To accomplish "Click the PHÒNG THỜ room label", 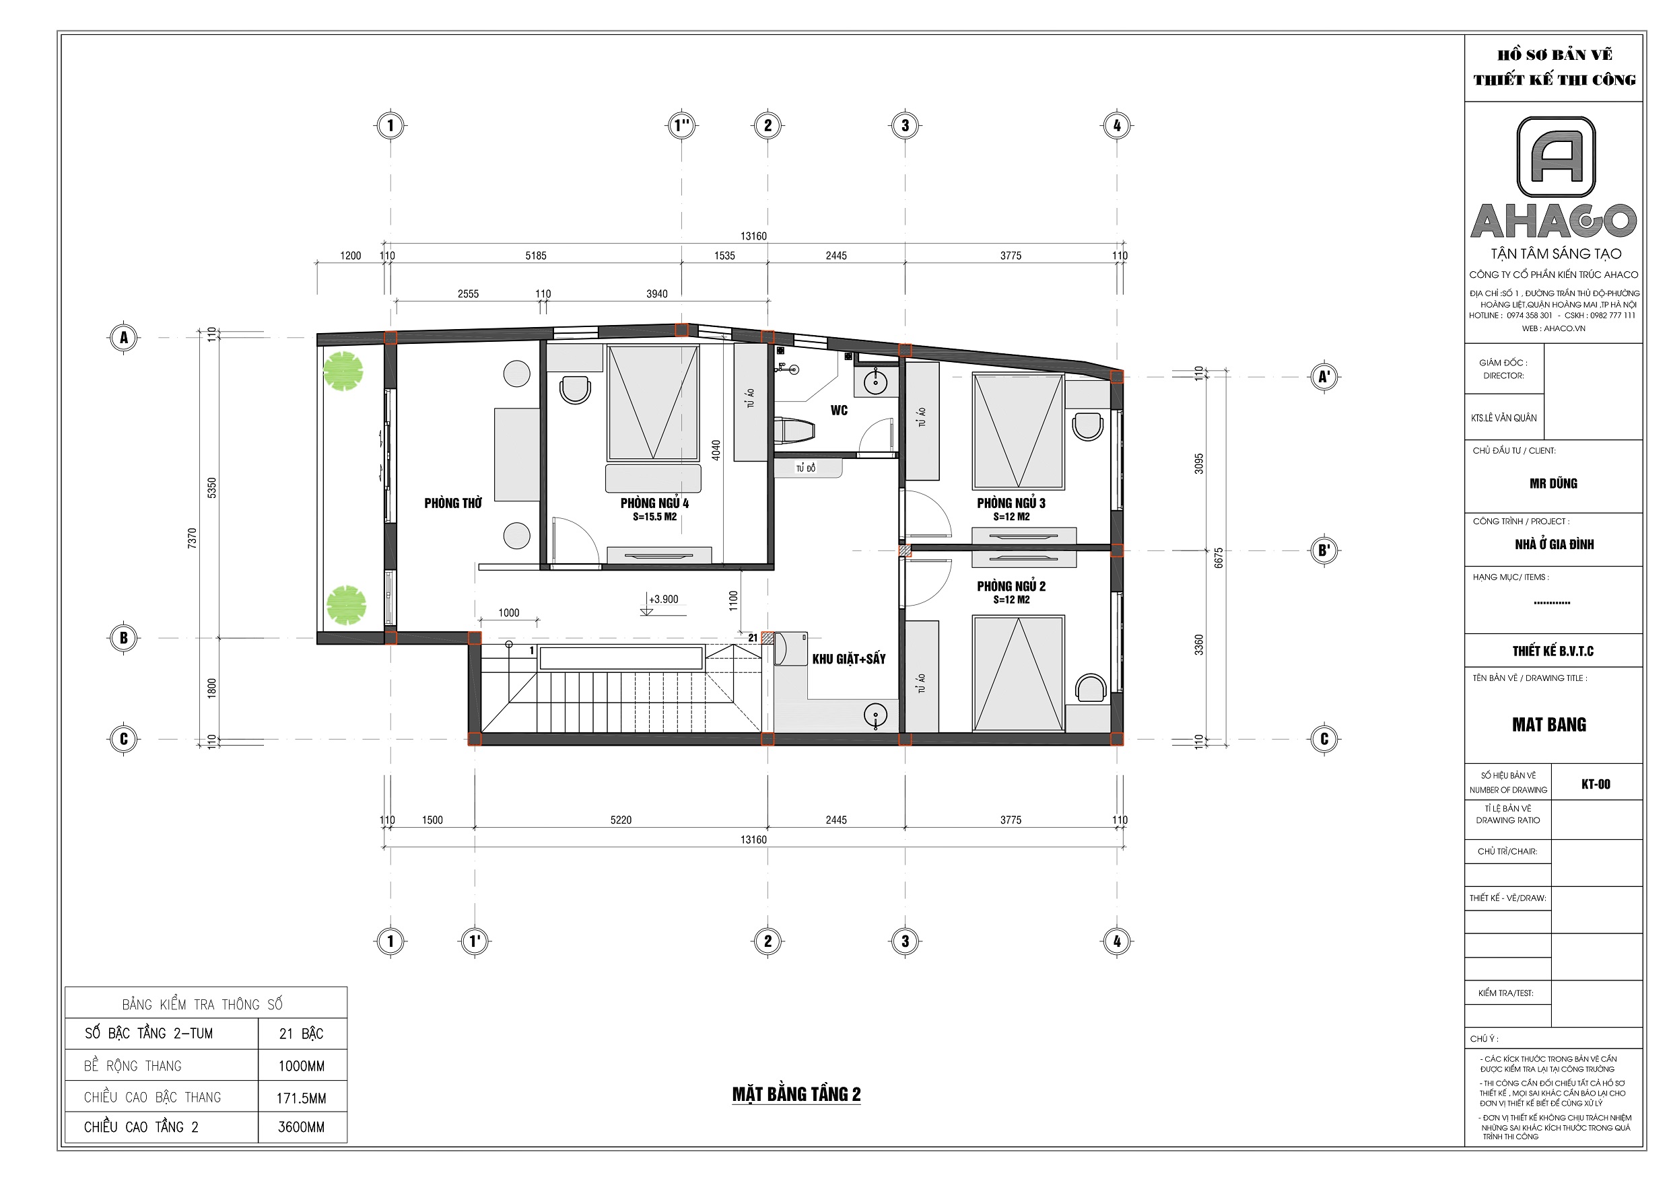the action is point(452,503).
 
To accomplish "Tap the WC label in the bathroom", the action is point(839,410).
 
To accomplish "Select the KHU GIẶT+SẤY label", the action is point(848,659).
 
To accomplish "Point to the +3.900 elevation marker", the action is point(663,600).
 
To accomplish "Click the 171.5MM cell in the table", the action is point(302,1098).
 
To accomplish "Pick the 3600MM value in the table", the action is point(302,1127).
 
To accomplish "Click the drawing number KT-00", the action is point(1596,784).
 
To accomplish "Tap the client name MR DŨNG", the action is point(1553,483).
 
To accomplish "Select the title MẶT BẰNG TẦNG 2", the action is point(796,1094).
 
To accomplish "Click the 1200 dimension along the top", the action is point(350,256).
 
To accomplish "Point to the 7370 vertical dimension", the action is point(192,538).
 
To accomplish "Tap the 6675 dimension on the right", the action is point(1219,558).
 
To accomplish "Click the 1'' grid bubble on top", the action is point(681,125).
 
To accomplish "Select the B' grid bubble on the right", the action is point(1324,550).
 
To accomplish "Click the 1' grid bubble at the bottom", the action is point(475,941).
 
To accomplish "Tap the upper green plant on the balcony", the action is point(343,371).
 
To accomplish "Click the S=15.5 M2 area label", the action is point(654,517).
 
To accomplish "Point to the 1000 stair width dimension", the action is point(509,612).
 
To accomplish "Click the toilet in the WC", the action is point(794,430).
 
